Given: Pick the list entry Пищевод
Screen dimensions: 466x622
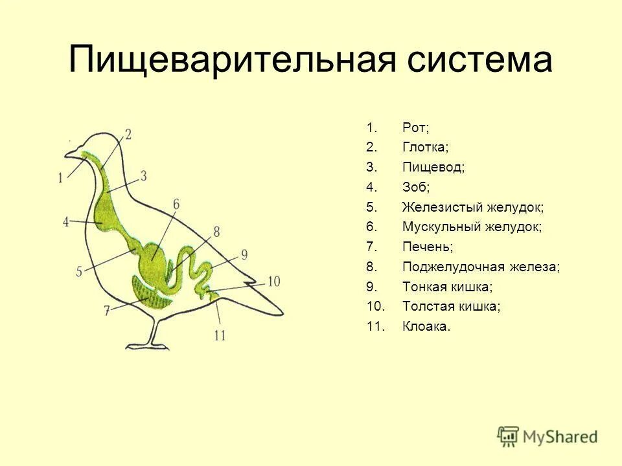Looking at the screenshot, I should click(433, 168).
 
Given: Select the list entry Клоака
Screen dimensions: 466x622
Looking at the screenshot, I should click(426, 327).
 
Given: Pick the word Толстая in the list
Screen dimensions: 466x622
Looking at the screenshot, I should click(429, 307).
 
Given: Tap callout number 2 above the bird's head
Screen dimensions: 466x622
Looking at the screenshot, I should click(128, 134).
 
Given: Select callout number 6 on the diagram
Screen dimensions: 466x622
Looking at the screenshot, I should click(176, 205).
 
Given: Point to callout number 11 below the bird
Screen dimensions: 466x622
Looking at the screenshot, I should click(220, 335).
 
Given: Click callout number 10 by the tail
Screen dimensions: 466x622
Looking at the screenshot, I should click(273, 281).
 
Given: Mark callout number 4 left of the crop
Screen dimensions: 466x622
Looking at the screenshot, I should click(65, 221).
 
